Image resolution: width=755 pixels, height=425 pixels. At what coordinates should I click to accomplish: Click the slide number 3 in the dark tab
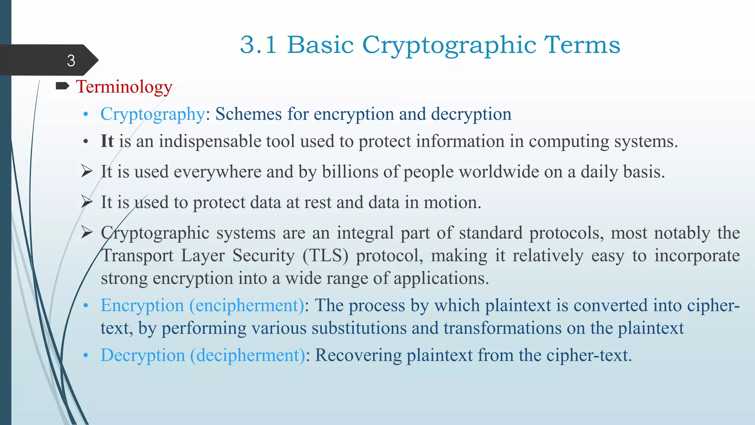71,61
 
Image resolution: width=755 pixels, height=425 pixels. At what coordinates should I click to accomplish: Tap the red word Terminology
124,87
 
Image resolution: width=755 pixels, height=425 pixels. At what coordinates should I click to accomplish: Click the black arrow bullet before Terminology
62,86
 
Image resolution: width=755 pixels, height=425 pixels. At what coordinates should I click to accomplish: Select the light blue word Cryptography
152,114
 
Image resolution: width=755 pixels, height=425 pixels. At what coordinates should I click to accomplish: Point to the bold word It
107,141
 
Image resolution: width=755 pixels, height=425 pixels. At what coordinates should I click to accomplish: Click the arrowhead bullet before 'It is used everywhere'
87,172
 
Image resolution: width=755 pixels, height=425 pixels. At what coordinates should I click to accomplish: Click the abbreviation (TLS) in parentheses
325,256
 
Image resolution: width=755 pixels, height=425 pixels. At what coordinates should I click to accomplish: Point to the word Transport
137,256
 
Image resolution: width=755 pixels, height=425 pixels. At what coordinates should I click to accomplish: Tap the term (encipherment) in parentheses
247,306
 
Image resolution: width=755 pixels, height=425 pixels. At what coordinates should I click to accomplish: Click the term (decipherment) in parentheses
247,356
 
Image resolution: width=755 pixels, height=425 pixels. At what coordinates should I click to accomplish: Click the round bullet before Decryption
86,356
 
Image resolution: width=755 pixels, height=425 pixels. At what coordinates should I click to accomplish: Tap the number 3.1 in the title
258,45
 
